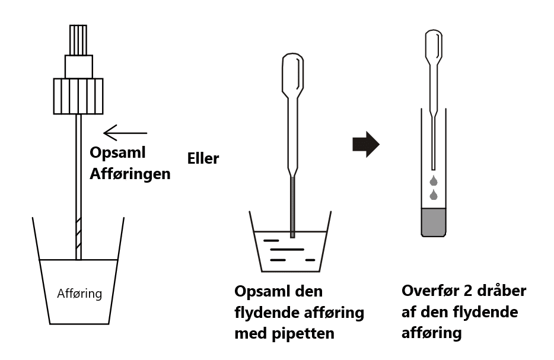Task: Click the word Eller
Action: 203,159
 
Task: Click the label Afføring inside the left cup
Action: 79,293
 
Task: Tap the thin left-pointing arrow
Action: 125,132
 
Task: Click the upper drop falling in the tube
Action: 434,180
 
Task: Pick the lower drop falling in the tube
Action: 434,195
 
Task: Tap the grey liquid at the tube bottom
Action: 434,221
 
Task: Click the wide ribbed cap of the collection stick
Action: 78,96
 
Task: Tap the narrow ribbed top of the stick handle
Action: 78,40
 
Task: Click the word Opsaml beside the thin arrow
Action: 117,152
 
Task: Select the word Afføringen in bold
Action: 130,174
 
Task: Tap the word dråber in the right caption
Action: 504,292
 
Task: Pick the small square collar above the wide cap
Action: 78,66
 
